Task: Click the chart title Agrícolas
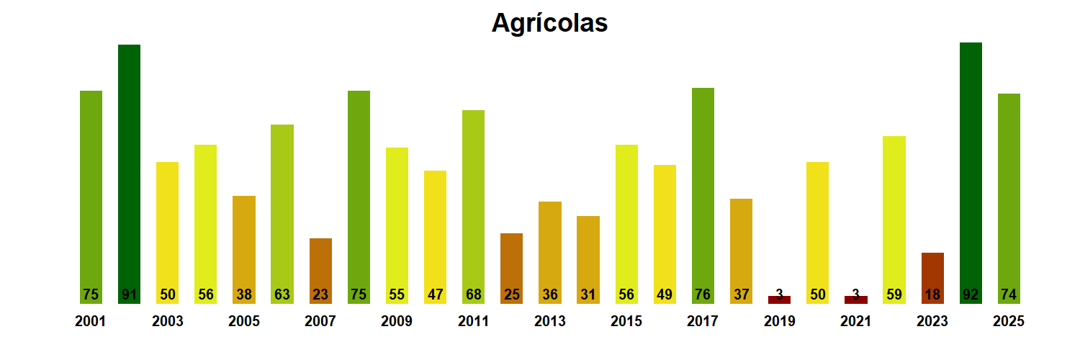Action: coord(549,23)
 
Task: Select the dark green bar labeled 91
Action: coord(129,173)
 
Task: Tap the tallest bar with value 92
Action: coord(971,173)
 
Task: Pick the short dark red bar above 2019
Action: coord(779,300)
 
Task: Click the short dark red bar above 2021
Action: coord(855,300)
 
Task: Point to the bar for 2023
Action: coord(932,277)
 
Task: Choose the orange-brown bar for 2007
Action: coord(320,270)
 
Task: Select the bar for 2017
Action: coord(703,194)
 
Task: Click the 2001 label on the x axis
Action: coord(91,322)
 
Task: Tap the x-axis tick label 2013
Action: coord(550,322)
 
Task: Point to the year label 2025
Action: coord(1009,322)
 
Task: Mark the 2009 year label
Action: coord(397,322)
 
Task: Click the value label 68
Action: coord(473,294)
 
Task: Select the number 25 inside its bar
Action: coord(511,294)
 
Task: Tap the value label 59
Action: coord(894,294)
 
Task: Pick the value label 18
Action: coord(932,294)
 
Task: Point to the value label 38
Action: coord(244,294)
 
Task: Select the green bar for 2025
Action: coord(1009,198)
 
